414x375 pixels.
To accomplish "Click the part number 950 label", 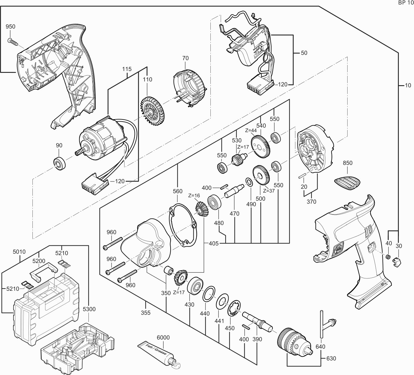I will pyautogui.click(x=11, y=27).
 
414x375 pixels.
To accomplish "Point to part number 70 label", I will pyautogui.click(x=185, y=58).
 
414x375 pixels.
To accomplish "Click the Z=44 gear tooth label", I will pyautogui.click(x=251, y=131).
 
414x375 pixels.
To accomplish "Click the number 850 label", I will pyautogui.click(x=348, y=163).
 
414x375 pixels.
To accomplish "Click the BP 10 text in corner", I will pyautogui.click(x=405, y=3).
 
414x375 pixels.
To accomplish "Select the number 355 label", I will pyautogui.click(x=146, y=313).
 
